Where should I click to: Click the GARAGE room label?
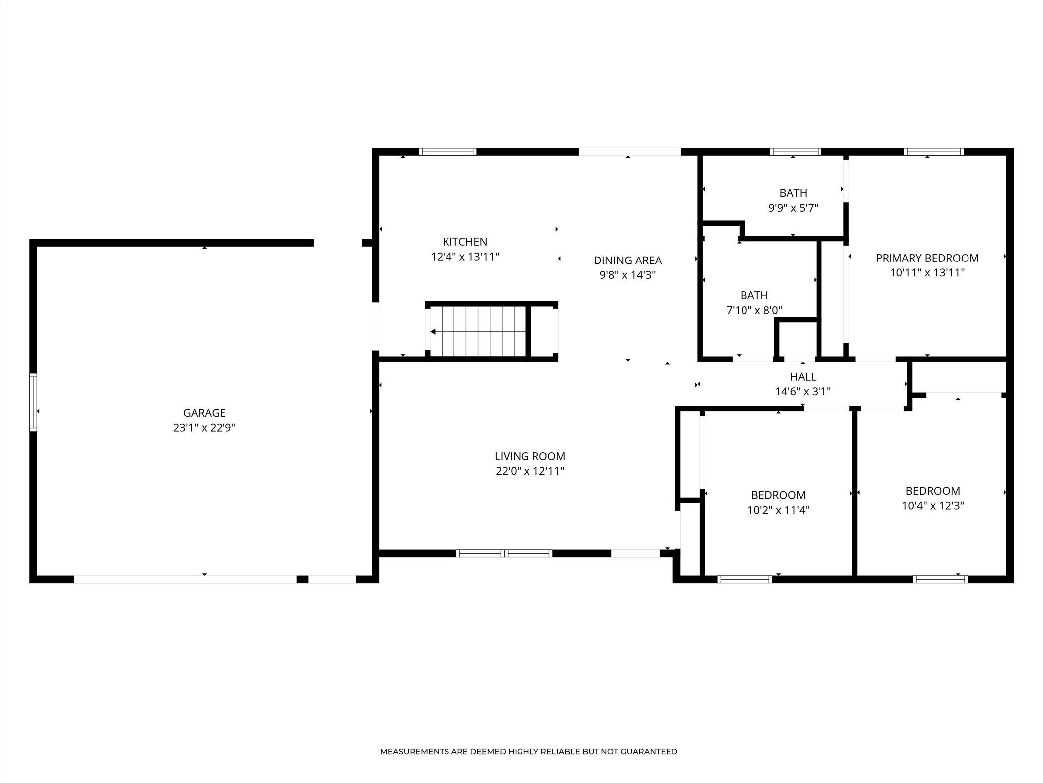[x=204, y=413]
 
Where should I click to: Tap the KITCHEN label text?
[x=465, y=242]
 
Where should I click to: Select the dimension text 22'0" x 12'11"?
[x=530, y=471]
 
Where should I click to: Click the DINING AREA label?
[x=628, y=260]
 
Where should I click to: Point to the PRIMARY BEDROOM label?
[x=927, y=258]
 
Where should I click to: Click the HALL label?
[x=803, y=377]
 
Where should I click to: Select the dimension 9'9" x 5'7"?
[x=793, y=208]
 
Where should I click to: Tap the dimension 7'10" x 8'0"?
[x=754, y=310]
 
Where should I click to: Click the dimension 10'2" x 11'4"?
[x=778, y=510]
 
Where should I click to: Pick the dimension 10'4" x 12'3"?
[x=933, y=506]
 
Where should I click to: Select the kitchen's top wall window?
[x=448, y=152]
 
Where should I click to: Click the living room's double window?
[x=504, y=553]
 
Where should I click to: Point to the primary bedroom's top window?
[x=934, y=152]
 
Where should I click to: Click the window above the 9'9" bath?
[x=795, y=152]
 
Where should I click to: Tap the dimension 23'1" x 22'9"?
[x=204, y=428]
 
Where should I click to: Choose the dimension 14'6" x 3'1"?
[x=803, y=392]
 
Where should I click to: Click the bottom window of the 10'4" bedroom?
[x=940, y=579]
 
